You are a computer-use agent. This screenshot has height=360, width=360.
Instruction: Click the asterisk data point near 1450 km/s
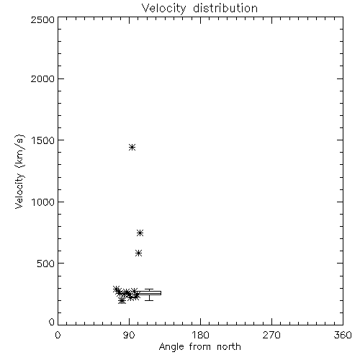pyautogui.click(x=132, y=147)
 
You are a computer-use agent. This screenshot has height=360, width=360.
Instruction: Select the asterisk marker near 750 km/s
pyautogui.click(x=140, y=233)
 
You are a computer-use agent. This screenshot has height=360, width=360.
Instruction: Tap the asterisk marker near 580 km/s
pyautogui.click(x=138, y=253)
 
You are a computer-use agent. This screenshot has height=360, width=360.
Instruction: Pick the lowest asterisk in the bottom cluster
pyautogui.click(x=122, y=300)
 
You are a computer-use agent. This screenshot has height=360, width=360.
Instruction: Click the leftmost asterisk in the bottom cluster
pyautogui.click(x=117, y=289)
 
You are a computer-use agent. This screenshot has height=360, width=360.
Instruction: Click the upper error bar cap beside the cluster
pyautogui.click(x=149, y=289)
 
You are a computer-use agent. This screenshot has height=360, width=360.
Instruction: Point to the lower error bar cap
pyautogui.click(x=149, y=300)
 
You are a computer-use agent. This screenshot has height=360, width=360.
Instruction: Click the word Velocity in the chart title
pyautogui.click(x=163, y=9)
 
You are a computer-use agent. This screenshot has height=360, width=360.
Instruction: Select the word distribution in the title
pyautogui.click(x=225, y=8)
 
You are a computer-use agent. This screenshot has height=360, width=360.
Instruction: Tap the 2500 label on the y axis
pyautogui.click(x=42, y=19)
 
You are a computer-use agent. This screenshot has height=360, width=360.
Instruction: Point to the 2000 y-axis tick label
pyautogui.click(x=42, y=78)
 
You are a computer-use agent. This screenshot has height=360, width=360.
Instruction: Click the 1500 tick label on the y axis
pyautogui.click(x=43, y=140)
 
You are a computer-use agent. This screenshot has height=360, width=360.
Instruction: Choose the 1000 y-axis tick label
pyautogui.click(x=43, y=202)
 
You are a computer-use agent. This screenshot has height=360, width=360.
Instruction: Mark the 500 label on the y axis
pyautogui.click(x=46, y=264)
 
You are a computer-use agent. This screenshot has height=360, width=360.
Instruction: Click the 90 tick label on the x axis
pyautogui.click(x=129, y=335)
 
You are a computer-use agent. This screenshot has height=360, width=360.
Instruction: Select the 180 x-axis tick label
pyautogui.click(x=200, y=335)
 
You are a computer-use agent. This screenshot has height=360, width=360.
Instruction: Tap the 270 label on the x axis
pyautogui.click(x=271, y=335)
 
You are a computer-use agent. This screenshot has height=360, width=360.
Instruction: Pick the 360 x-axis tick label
pyautogui.click(x=343, y=335)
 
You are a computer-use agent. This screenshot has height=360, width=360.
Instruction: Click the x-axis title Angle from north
pyautogui.click(x=200, y=347)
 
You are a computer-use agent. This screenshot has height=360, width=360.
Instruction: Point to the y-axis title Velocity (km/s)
pyautogui.click(x=19, y=171)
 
